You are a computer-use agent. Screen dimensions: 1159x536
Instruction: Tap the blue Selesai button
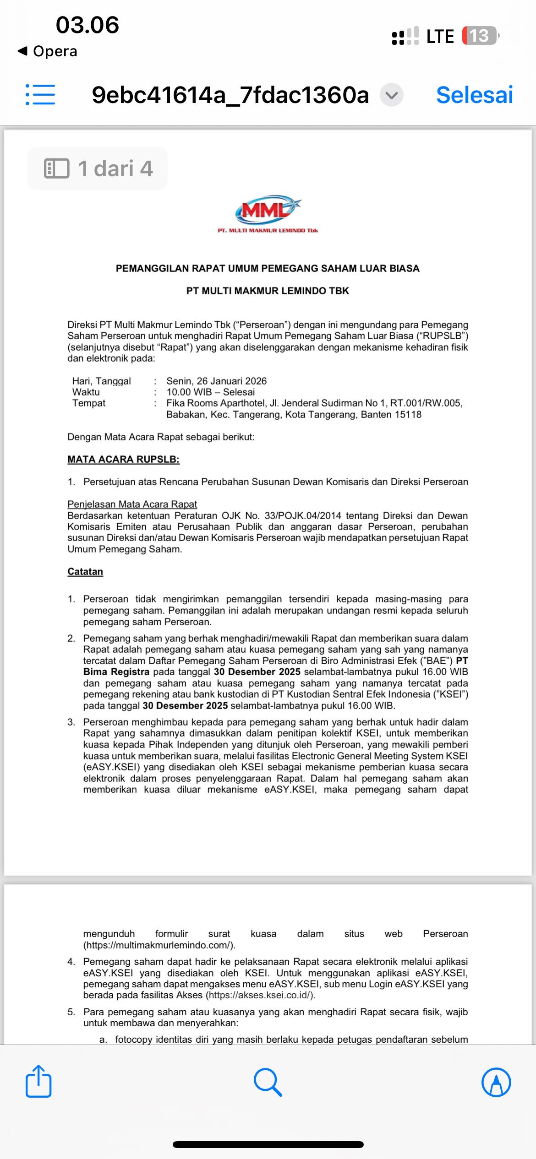(474, 95)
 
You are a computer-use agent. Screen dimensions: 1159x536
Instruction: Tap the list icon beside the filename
(40, 95)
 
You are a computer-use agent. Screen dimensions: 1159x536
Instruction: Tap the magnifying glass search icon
(268, 1082)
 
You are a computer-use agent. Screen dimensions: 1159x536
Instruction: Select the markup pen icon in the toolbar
(496, 1082)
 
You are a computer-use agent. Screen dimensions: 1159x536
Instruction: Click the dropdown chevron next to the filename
(392, 95)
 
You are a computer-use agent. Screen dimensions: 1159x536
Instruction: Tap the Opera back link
(48, 51)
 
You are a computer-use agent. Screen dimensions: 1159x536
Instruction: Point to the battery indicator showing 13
(480, 36)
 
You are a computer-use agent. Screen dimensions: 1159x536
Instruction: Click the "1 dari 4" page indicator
(98, 168)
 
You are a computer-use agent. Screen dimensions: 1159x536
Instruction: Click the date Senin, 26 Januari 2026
(216, 381)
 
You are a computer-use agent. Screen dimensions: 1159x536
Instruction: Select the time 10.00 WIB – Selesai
(210, 392)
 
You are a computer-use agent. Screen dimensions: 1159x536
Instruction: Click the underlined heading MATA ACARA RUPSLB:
(123, 459)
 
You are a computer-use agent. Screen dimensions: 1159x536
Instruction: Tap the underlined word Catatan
(85, 571)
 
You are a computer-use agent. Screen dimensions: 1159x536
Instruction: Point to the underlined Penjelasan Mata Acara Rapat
(132, 504)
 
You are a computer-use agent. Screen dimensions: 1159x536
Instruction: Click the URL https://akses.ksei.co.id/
(260, 995)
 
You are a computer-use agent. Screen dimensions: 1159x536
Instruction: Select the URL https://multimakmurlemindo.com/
(159, 945)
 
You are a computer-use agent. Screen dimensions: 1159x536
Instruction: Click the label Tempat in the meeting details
(89, 403)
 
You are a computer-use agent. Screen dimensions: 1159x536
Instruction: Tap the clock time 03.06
(87, 25)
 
